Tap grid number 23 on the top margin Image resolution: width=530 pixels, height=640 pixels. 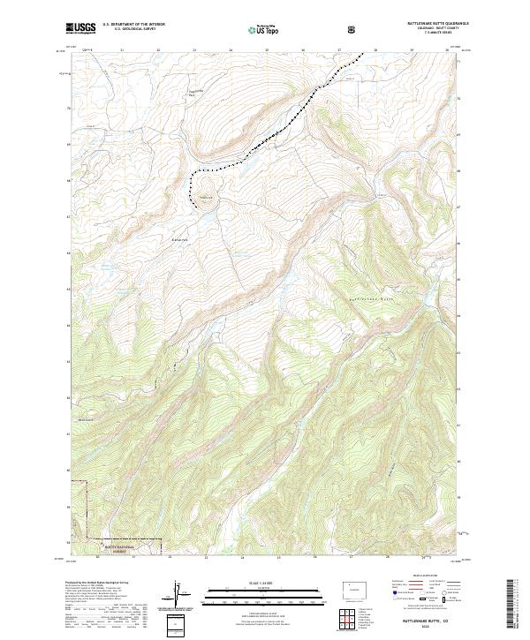pyautogui.click(x=193, y=51)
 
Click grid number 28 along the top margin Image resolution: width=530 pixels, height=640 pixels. pyautogui.click(x=375, y=51)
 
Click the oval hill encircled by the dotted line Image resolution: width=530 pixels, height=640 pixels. pyautogui.click(x=206, y=188)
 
